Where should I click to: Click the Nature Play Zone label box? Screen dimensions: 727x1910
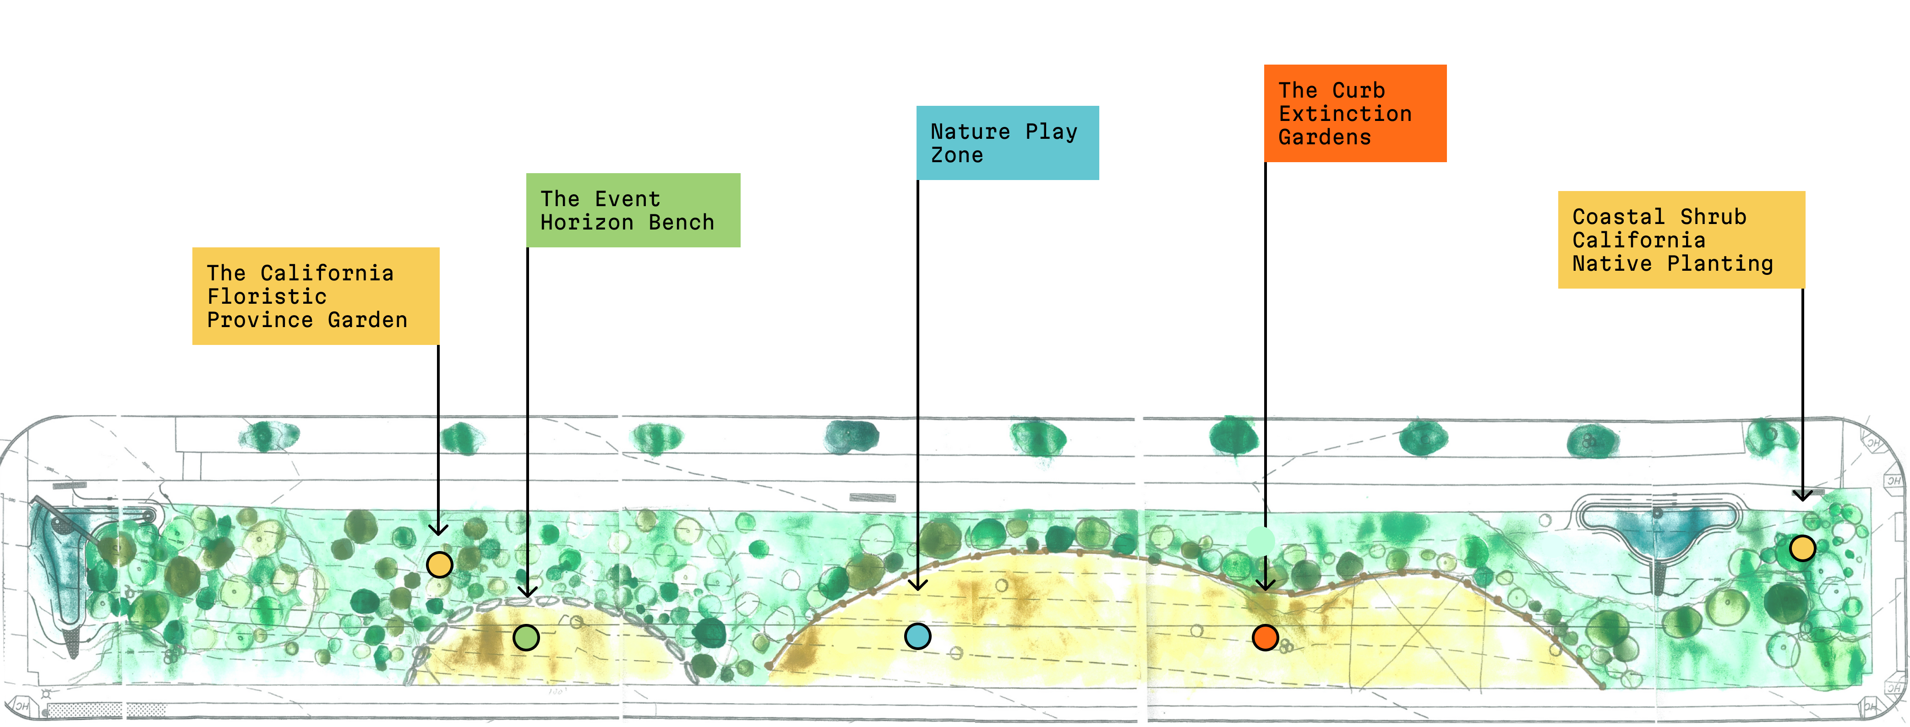click(x=1007, y=142)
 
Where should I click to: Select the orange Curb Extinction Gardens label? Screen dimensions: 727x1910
click(x=1355, y=113)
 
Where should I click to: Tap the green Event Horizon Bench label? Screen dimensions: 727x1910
click(x=633, y=210)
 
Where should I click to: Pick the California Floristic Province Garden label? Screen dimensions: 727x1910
click(x=315, y=296)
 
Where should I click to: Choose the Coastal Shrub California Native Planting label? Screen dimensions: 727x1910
click(x=1681, y=240)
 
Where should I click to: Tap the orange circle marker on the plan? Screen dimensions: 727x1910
click(x=1265, y=637)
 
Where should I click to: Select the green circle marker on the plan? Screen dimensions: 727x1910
click(x=526, y=637)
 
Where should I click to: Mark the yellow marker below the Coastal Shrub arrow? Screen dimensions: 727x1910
click(x=1802, y=548)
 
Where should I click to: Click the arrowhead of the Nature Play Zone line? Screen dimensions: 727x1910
click(x=918, y=585)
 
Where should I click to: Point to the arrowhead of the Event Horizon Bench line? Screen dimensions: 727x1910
click(x=527, y=591)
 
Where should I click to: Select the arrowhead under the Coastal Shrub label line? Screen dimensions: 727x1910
click(x=1802, y=495)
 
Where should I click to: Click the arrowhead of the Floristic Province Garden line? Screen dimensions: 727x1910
click(x=438, y=529)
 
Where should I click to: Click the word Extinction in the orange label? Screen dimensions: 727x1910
click(x=1345, y=114)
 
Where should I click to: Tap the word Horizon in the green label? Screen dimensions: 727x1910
click(x=586, y=223)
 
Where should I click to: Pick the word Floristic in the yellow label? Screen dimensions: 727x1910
click(x=267, y=297)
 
